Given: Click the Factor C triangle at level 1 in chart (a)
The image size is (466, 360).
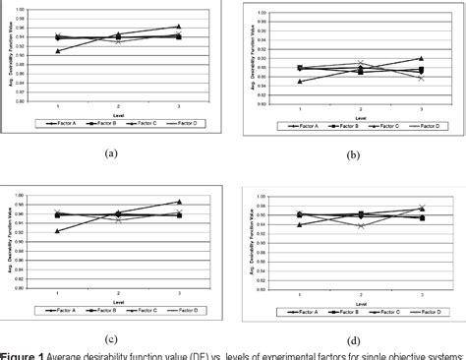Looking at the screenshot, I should (58, 50).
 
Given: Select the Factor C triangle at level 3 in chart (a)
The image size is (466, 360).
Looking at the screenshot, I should (178, 27).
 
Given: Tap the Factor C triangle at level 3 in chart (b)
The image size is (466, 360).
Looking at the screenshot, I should (421, 58).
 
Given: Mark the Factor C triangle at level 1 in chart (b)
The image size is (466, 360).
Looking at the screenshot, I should (300, 81).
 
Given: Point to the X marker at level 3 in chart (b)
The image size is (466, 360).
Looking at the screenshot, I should (421, 77).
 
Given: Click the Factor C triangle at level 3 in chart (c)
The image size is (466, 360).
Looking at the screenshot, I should (179, 202).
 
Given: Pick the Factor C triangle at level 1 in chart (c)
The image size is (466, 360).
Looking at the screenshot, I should (58, 231).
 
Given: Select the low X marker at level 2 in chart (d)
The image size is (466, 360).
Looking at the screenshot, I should (361, 225).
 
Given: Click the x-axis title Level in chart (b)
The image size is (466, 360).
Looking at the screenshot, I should (360, 115).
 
